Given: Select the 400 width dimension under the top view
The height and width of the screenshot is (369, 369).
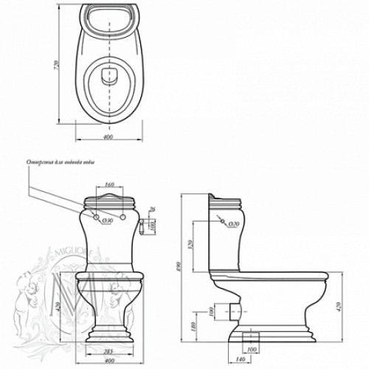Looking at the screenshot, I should (108, 137).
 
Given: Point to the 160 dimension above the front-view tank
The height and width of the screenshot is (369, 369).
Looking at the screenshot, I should (110, 184).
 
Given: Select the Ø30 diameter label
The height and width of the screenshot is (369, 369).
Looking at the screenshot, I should (107, 219).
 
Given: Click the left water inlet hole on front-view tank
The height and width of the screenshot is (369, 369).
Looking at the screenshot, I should (97, 217).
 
